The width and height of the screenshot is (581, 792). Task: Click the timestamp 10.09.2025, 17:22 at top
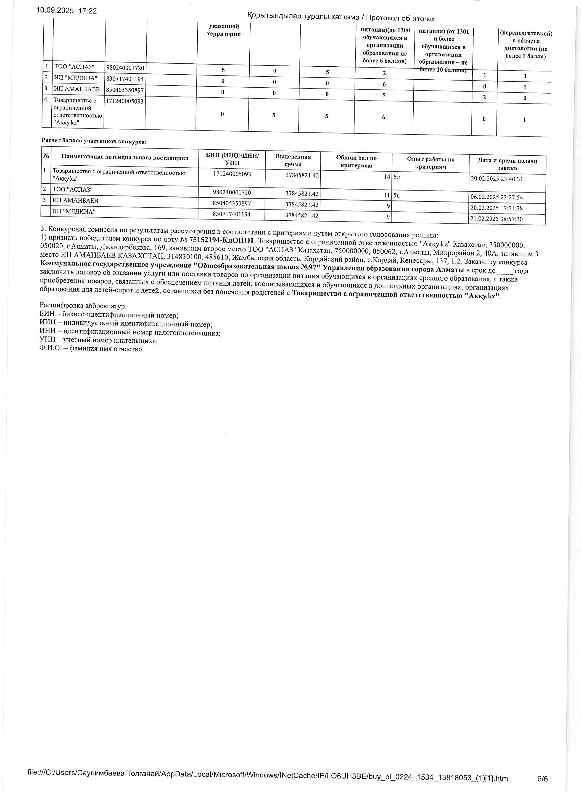tap(66, 11)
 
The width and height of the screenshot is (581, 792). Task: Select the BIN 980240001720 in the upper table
tap(125, 68)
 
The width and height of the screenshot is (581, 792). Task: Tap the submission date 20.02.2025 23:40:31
tap(496, 179)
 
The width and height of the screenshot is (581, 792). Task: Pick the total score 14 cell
tap(387, 177)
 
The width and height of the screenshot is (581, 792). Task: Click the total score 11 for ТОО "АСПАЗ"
tap(387, 195)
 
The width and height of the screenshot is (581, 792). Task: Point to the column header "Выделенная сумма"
tap(293, 161)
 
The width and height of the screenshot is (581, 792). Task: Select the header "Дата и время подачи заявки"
tap(507, 164)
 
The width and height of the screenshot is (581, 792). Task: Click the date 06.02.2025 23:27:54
tap(496, 197)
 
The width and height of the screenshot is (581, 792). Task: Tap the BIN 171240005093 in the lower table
tap(232, 174)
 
